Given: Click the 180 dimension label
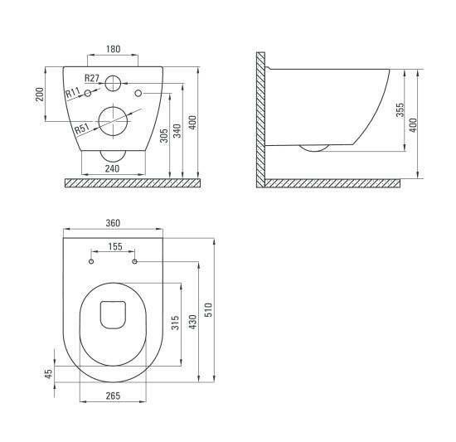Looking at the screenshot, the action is click(113, 49).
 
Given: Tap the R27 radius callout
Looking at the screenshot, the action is click(92, 78).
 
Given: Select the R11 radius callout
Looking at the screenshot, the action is click(73, 93).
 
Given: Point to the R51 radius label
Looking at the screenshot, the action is click(82, 129).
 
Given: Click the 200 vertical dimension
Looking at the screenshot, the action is click(40, 95).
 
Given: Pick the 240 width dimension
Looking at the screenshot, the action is click(112, 168).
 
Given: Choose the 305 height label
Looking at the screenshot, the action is click(164, 136).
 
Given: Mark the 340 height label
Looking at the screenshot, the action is click(177, 131).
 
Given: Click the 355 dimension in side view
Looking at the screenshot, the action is click(400, 109).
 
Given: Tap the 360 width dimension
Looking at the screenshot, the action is click(113, 223).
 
